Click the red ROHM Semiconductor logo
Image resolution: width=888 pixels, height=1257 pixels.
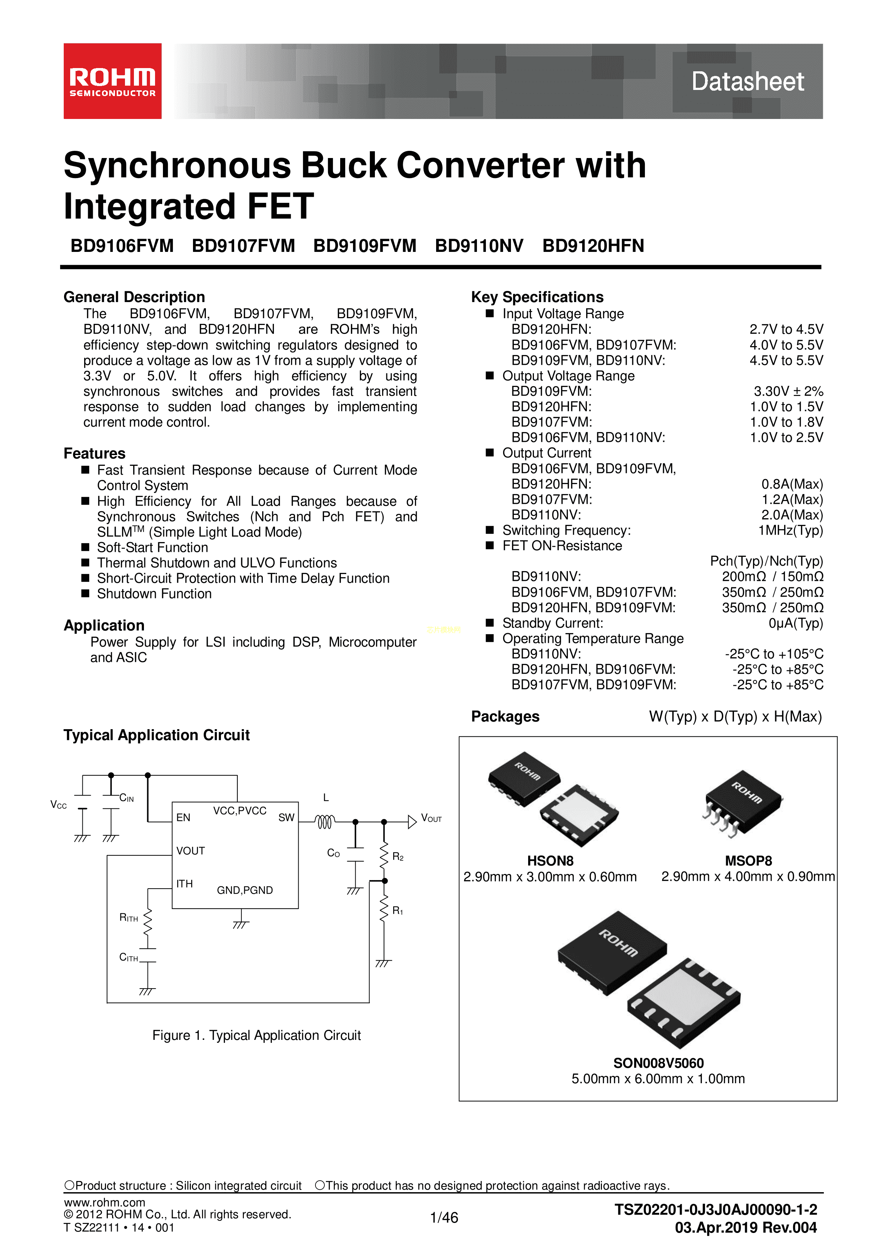tap(112, 81)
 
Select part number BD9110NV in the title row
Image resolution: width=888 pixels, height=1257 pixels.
tap(479, 246)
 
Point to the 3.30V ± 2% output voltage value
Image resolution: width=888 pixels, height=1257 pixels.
tap(788, 391)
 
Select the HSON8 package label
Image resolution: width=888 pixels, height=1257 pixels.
tap(550, 861)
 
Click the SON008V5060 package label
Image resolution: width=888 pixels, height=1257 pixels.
tap(658, 1063)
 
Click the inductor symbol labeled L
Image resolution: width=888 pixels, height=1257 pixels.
tap(325, 821)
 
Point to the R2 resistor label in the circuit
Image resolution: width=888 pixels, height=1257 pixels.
tap(398, 857)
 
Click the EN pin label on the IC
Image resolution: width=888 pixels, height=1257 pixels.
tap(183, 817)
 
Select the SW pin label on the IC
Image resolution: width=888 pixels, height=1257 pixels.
tap(286, 817)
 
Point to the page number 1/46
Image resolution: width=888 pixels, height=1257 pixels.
tap(444, 1218)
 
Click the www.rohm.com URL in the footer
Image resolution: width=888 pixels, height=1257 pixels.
tap(105, 1202)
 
